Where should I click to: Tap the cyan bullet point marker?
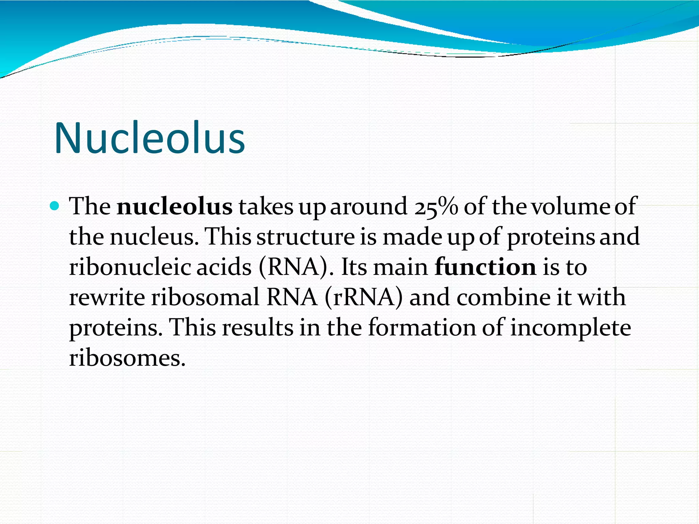[x=54, y=206]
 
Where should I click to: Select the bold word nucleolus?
[x=174, y=207]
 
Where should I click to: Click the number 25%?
[x=436, y=207]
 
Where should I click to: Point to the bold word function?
[x=485, y=267]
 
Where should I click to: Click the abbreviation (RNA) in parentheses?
[x=295, y=267]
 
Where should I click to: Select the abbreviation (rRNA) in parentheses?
[x=363, y=297]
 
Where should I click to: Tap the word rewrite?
[x=106, y=297]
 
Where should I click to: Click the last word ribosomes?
[x=127, y=358]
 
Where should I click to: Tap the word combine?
[x=503, y=297]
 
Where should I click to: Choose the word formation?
[x=422, y=327]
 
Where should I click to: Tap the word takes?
[x=266, y=207]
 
